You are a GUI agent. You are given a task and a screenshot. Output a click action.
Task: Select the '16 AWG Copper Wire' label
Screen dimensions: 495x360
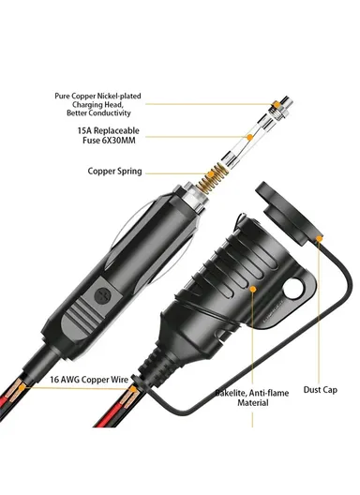pos(90,382)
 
